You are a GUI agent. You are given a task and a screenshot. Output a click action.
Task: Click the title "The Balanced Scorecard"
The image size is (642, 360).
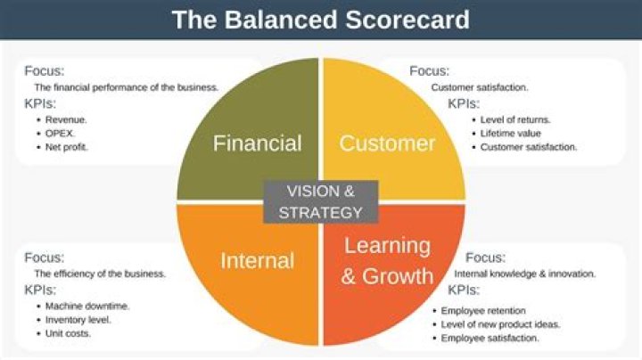(320, 20)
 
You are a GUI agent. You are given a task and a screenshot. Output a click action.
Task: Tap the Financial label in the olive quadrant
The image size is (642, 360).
(257, 143)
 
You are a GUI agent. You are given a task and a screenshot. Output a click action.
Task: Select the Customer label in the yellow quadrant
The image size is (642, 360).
(387, 143)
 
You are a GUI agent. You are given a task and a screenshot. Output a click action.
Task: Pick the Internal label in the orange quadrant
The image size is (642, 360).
(257, 261)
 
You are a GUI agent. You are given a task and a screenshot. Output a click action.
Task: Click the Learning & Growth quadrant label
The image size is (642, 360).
(387, 260)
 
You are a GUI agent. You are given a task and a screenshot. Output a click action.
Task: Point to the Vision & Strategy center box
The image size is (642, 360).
(320, 201)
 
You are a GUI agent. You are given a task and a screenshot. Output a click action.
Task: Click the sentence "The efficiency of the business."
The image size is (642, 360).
(100, 274)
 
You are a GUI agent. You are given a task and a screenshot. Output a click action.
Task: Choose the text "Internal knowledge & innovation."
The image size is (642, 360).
(525, 274)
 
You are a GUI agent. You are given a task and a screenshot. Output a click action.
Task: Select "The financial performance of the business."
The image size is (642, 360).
(127, 87)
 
